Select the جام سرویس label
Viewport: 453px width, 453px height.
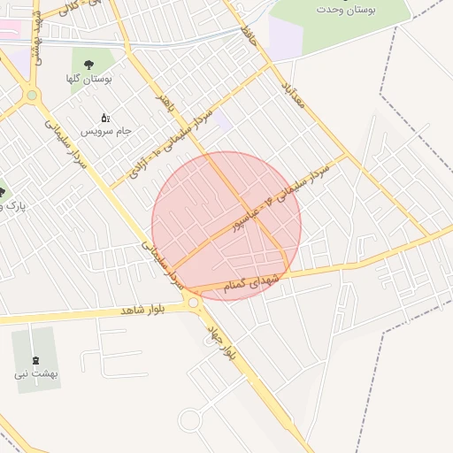pos(106,130)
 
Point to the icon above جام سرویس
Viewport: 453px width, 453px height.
pos(105,117)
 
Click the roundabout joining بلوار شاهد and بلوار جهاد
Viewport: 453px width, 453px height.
pos(194,303)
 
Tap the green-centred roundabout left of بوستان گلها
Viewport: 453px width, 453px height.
pos(33,95)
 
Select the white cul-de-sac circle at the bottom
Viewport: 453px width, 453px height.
pos(190,419)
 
